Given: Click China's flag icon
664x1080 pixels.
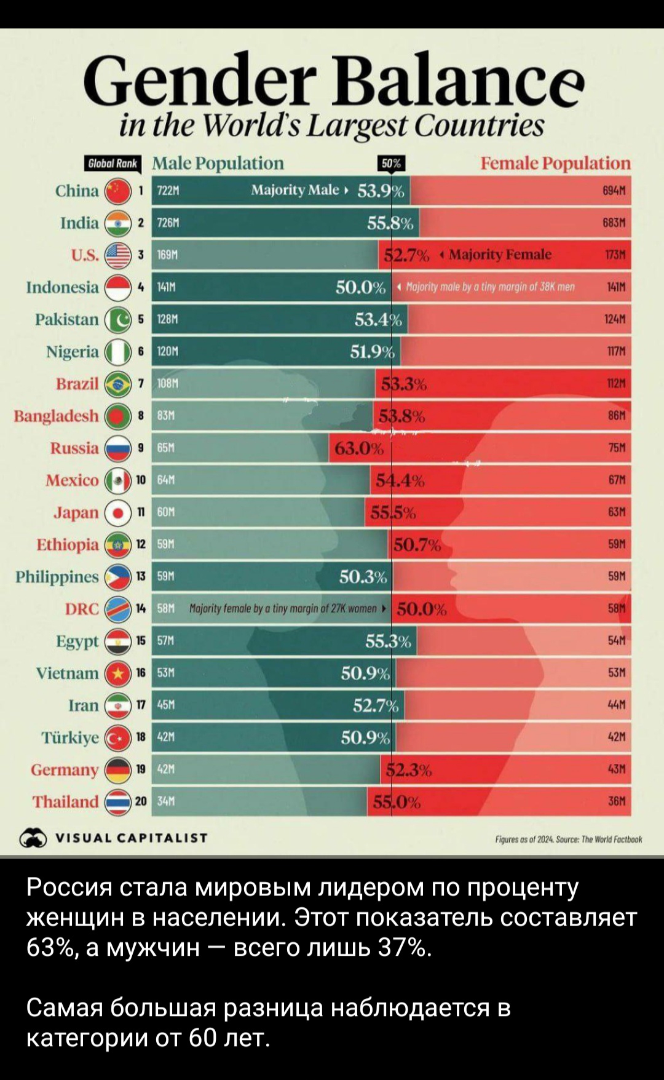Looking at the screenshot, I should tap(118, 191).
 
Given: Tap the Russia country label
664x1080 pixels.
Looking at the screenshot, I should tap(74, 448).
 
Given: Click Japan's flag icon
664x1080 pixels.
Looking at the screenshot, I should tap(118, 512).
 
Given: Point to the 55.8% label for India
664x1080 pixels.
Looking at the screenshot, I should tap(390, 223).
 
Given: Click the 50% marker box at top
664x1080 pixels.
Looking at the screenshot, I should tap(391, 163).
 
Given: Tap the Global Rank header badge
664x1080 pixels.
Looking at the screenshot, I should tap(113, 164).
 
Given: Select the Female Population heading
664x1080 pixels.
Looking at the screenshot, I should tap(555, 163).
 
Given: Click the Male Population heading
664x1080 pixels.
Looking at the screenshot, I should tap(218, 163).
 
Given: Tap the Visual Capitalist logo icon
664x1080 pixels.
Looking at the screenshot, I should tap(33, 838).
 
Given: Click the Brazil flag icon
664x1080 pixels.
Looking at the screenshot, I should tap(118, 384).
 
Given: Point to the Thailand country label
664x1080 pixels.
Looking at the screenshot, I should tap(65, 801).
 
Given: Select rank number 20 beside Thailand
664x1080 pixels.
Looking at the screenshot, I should tap(141, 801).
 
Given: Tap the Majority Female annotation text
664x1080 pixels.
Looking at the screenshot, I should tap(500, 255).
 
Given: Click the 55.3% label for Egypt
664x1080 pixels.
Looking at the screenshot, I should tap(389, 641).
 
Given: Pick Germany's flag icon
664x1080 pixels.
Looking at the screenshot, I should tap(118, 769).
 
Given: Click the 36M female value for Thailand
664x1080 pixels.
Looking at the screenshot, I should tap(617, 801).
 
